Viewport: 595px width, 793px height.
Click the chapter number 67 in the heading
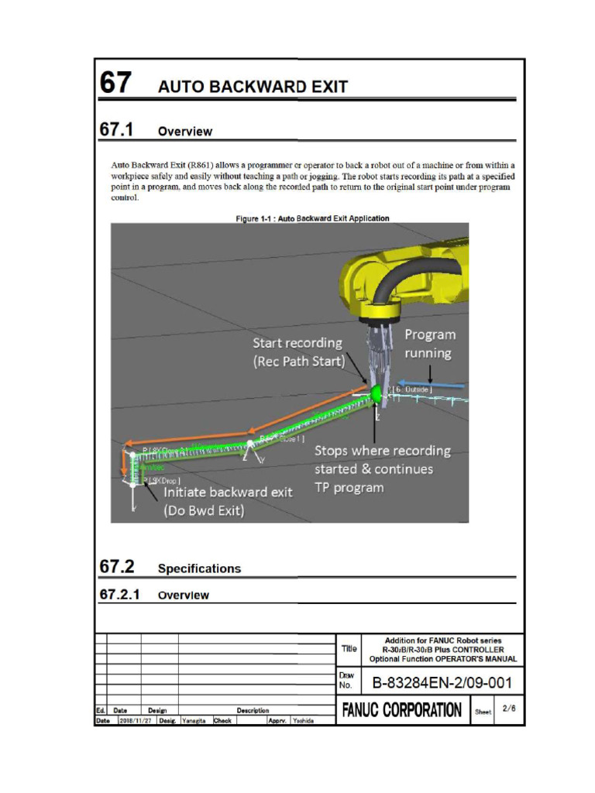pyautogui.click(x=115, y=83)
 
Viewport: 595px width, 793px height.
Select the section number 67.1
pyautogui.click(x=116, y=129)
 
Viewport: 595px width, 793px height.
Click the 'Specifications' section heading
pyautogui.click(x=199, y=568)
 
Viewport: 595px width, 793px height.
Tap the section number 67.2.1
pyautogui.click(x=120, y=595)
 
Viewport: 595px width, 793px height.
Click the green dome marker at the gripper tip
pyautogui.click(x=377, y=393)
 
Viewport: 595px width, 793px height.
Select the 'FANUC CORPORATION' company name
pyautogui.click(x=402, y=710)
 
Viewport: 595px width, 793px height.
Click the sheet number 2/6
pyautogui.click(x=508, y=708)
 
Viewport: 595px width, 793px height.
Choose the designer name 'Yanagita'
pyautogui.click(x=194, y=720)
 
